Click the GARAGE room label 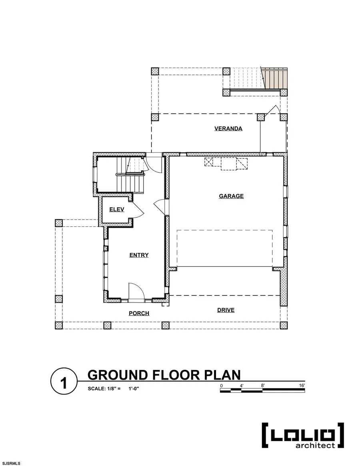coord(231,196)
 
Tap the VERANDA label coord(228,128)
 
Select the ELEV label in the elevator coord(117,209)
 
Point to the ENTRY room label coord(139,255)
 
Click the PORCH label coord(139,313)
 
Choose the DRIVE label coord(226,310)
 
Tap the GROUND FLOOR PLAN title coord(164,375)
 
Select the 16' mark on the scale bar coord(301,385)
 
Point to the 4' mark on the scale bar coord(242,385)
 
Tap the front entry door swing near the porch coord(134,290)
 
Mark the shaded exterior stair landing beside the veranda coord(276,78)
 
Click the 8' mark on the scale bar coord(262,385)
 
